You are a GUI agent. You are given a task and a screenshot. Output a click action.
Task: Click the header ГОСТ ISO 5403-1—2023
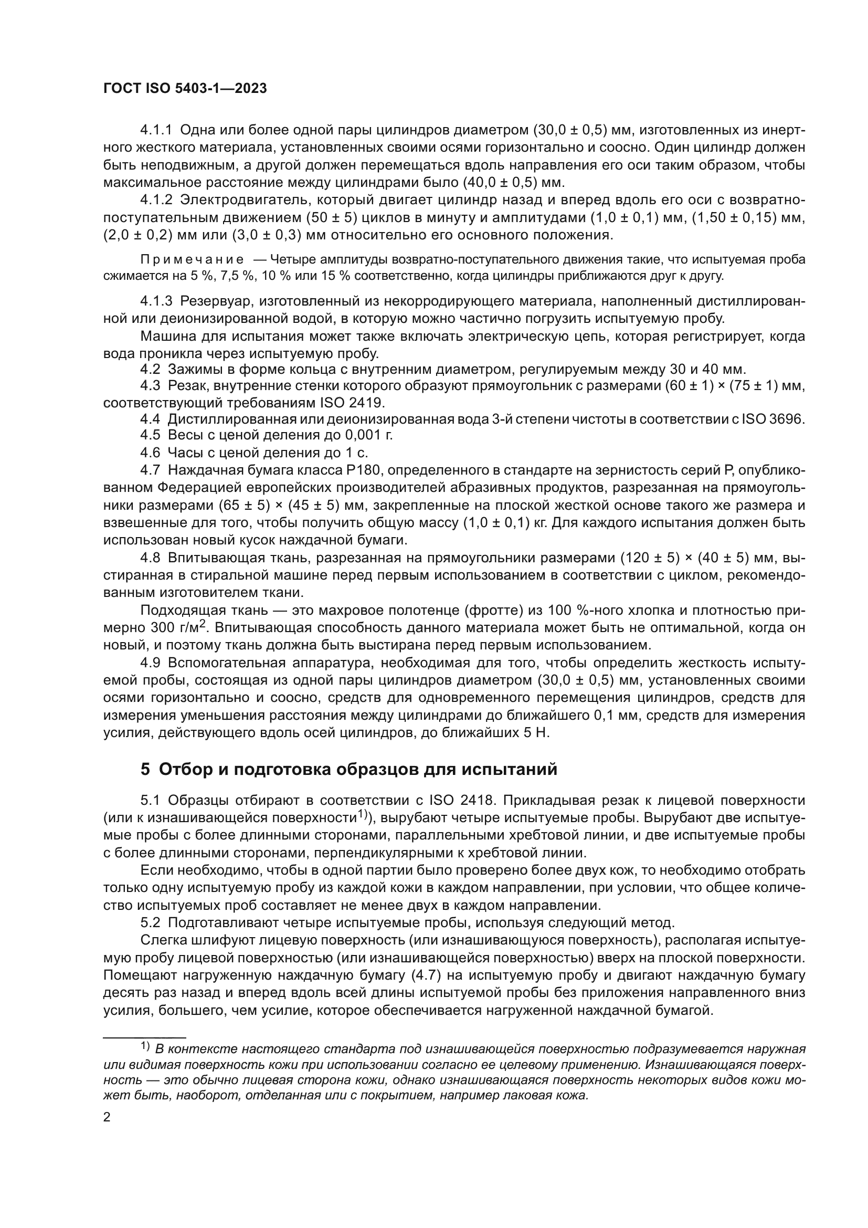(184, 89)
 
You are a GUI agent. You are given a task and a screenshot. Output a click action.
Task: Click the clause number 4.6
(150, 453)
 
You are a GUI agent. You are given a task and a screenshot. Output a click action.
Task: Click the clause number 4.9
(150, 663)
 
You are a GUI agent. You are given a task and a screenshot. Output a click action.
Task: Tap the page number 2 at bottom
(107, 1117)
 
